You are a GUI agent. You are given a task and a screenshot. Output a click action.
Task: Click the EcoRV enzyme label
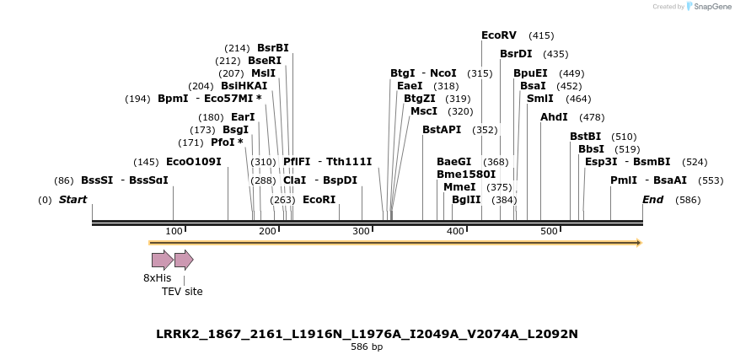pos(498,35)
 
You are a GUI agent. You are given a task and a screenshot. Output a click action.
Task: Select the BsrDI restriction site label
pos(516,54)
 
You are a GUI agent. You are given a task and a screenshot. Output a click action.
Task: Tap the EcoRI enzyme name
pos(319,200)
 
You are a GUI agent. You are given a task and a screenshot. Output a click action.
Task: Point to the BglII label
pos(466,200)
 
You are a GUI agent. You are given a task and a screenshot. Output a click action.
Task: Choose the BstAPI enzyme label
pos(442,130)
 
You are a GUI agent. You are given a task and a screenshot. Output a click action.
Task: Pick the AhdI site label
pos(554,117)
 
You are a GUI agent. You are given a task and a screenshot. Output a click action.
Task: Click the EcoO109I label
pos(193,162)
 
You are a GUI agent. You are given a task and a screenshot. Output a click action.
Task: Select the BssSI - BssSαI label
pos(124,180)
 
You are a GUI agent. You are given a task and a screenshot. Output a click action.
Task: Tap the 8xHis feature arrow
pos(163,260)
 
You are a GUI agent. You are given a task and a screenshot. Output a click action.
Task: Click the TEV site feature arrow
pos(184,260)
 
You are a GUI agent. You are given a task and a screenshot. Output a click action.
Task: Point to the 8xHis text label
pos(157,278)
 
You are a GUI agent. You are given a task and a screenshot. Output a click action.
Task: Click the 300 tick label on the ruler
pos(362,232)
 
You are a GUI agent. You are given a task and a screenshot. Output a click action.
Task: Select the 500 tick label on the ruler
pos(549,232)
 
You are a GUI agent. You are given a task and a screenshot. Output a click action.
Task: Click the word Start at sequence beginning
pos(72,200)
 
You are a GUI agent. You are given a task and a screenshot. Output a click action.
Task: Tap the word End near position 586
pos(652,200)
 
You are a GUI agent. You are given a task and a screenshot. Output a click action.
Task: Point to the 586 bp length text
pos(367,347)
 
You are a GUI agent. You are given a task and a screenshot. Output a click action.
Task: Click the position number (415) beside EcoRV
pos(541,35)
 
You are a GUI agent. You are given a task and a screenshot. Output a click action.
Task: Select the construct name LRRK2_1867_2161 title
pos(367,334)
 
